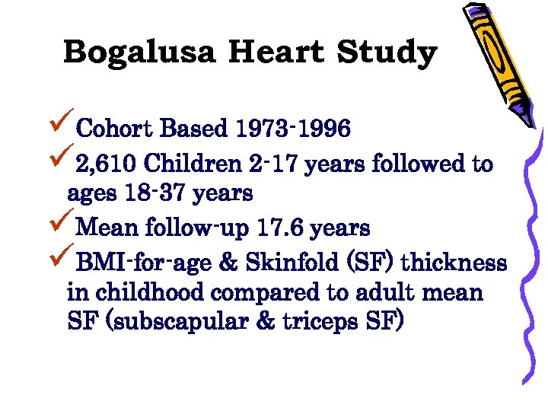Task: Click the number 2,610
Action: click(x=107, y=164)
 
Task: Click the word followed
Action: click(x=424, y=164)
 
